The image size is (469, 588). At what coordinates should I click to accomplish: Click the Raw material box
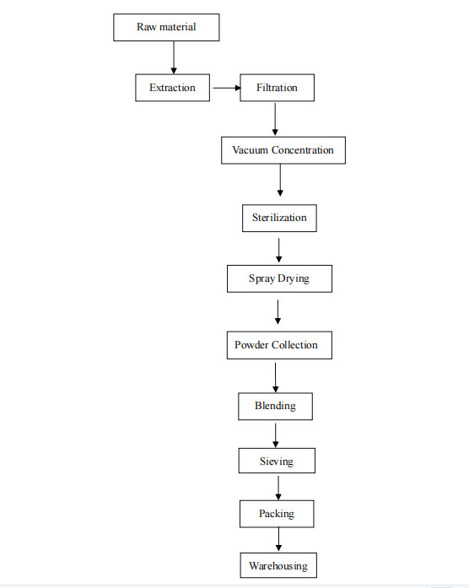[x=166, y=27]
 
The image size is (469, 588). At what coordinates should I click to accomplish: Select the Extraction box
[x=172, y=88]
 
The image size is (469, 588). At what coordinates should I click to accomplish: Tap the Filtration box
[x=277, y=88]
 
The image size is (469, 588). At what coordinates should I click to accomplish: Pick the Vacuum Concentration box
[x=283, y=150]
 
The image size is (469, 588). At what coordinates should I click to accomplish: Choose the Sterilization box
[x=279, y=218]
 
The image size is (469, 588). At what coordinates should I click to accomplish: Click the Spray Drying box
[x=279, y=278]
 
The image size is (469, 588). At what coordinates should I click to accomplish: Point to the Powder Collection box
[x=279, y=345]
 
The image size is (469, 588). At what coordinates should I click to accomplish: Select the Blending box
[x=275, y=406]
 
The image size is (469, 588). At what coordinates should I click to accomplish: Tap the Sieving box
[x=277, y=461]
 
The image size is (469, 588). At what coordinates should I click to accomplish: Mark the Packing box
[x=277, y=514]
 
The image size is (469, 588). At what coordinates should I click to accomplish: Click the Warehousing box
[x=278, y=565]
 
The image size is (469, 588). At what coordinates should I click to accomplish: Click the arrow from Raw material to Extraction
[x=174, y=57]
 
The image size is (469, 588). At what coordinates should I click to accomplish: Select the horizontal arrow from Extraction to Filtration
[x=227, y=88]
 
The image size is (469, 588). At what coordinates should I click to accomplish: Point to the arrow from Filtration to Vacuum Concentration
[x=275, y=119]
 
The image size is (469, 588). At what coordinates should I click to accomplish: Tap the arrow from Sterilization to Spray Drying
[x=279, y=250]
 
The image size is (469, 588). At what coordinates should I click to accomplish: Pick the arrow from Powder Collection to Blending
[x=276, y=378]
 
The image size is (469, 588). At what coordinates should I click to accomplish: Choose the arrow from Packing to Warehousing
[x=278, y=539]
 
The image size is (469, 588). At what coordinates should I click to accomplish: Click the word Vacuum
[x=250, y=150]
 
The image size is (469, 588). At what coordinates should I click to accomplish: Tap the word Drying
[x=294, y=279]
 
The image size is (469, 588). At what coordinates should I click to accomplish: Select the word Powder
[x=251, y=345]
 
